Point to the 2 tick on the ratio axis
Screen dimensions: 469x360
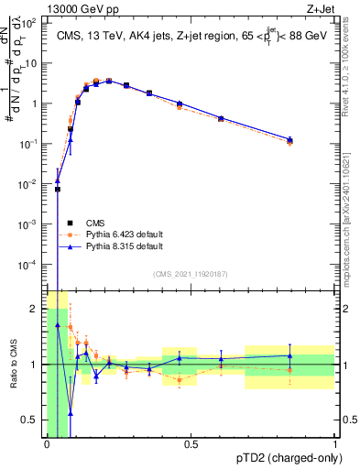pyautogui.click(x=34, y=309)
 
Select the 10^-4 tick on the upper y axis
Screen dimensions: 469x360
pyautogui.click(x=29, y=264)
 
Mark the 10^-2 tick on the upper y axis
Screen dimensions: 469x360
pyautogui.click(x=29, y=184)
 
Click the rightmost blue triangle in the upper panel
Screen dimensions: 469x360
pyautogui.click(x=289, y=139)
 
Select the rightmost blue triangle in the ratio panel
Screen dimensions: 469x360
pyautogui.click(x=289, y=355)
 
